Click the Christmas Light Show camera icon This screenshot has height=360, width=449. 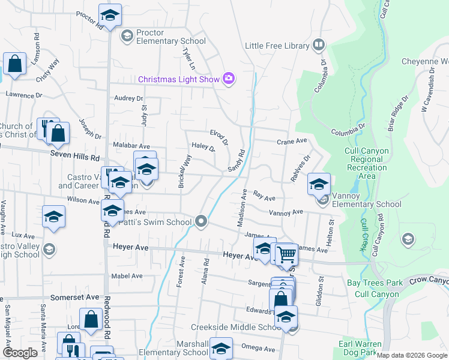(228, 79)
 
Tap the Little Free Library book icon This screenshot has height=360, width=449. (319, 46)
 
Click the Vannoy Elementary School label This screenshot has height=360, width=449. (368, 204)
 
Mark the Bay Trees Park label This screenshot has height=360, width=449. (375, 283)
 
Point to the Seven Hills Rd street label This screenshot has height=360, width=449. (74, 157)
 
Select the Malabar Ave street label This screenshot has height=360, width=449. (131, 146)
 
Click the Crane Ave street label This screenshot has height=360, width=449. (292, 141)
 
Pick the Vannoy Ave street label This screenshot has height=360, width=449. (286, 213)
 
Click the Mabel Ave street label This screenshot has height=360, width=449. (127, 276)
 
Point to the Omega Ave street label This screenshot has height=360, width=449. (258, 348)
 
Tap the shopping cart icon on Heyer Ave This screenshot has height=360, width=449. (287, 255)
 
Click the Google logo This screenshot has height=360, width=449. (20, 353)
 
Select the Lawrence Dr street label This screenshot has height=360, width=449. (25, 95)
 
